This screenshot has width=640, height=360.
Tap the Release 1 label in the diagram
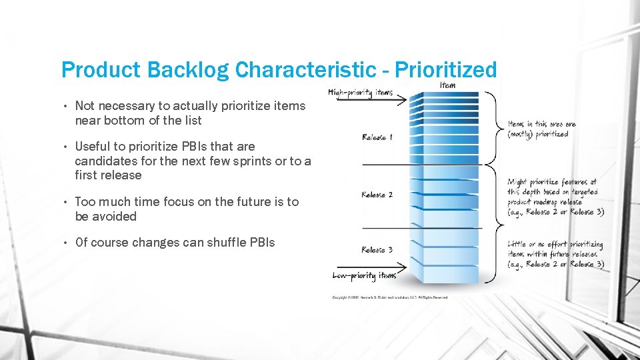[377, 137]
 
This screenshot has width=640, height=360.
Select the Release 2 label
[377, 195]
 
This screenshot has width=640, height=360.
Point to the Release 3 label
[377, 250]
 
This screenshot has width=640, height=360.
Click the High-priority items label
[361, 92]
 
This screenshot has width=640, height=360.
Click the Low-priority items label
[364, 275]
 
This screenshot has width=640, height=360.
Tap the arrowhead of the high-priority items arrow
[402, 101]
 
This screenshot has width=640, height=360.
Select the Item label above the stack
[448, 85]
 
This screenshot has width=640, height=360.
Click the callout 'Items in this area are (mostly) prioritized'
[541, 129]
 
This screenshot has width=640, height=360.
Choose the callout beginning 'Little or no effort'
[555, 254]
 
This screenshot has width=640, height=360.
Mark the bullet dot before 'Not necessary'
[67, 106]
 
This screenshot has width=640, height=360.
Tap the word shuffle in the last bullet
[213, 243]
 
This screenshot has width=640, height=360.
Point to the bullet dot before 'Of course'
[67, 243]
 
